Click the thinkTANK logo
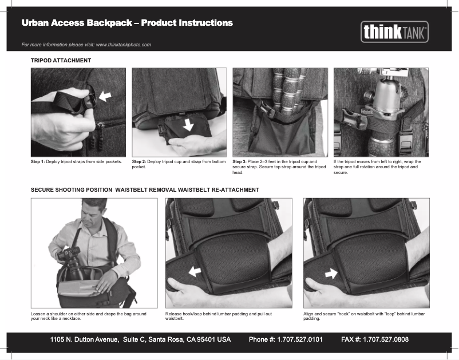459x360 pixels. (x=394, y=32)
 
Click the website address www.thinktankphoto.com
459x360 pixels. (x=123, y=45)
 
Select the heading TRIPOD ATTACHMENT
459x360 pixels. (x=61, y=60)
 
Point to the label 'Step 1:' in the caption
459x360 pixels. (x=38, y=162)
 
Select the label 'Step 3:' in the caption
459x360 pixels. (x=239, y=162)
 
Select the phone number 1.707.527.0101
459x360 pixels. (x=299, y=339)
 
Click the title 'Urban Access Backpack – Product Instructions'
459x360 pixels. (x=127, y=23)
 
